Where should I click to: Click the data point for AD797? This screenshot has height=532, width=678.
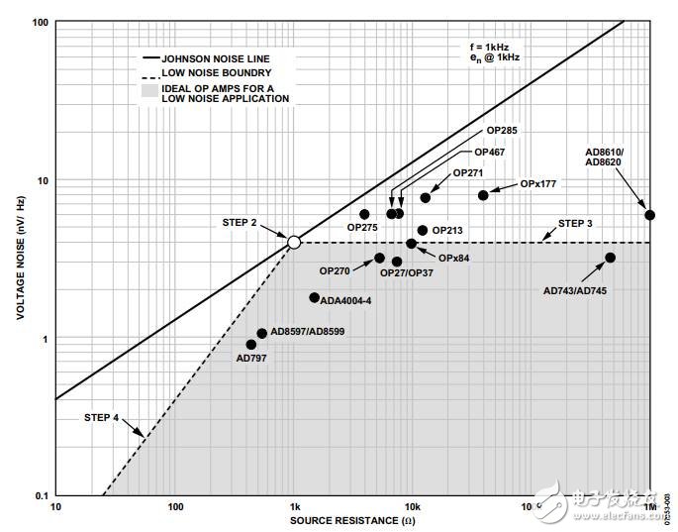pyautogui.click(x=251, y=345)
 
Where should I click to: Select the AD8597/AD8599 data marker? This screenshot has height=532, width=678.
pyautogui.click(x=261, y=334)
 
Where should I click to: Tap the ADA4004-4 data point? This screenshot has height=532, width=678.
pyautogui.click(x=315, y=297)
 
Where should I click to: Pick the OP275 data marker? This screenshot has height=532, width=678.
pyautogui.click(x=364, y=214)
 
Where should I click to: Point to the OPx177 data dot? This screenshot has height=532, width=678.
pyautogui.click(x=483, y=195)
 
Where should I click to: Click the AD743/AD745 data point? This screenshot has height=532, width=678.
pyautogui.click(x=610, y=258)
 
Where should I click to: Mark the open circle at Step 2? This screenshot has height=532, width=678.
pyautogui.click(x=294, y=242)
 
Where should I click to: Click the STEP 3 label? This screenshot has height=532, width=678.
pyautogui.click(x=575, y=224)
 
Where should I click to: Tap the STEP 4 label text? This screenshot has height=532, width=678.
pyautogui.click(x=102, y=418)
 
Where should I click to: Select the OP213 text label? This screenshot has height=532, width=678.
pyautogui.click(x=447, y=230)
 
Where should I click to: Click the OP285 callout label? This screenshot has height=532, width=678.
pyautogui.click(x=502, y=131)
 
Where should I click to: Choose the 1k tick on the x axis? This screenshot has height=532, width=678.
pyautogui.click(x=294, y=507)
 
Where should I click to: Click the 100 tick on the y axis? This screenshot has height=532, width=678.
pyautogui.click(x=41, y=22)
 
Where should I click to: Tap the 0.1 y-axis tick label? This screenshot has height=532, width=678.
pyautogui.click(x=41, y=495)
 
